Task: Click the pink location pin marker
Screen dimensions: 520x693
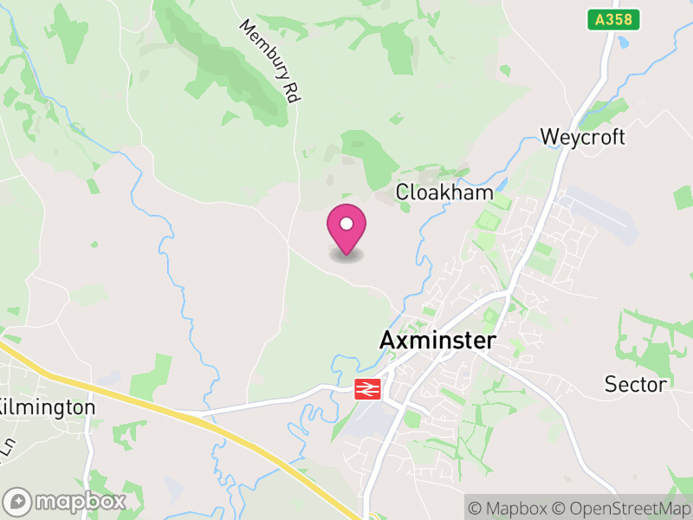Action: [x=346, y=230]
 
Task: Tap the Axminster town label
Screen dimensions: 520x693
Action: [x=438, y=341]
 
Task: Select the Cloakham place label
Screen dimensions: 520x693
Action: [x=444, y=192]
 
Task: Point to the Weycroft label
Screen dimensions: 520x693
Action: [x=582, y=137]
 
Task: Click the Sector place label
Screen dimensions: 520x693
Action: [x=636, y=384]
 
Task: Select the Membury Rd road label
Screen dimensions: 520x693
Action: [x=269, y=62]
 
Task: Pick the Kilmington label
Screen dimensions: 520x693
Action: [x=47, y=406]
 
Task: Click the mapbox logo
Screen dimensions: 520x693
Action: [x=66, y=501]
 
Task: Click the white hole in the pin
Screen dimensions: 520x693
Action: [x=346, y=224]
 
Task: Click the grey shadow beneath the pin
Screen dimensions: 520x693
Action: [x=346, y=255]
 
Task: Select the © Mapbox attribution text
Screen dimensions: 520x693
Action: [x=511, y=508]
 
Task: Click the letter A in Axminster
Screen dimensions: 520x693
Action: [x=387, y=341]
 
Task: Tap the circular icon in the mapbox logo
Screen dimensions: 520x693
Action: [x=18, y=501]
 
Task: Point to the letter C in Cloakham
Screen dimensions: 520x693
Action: [x=402, y=192]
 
